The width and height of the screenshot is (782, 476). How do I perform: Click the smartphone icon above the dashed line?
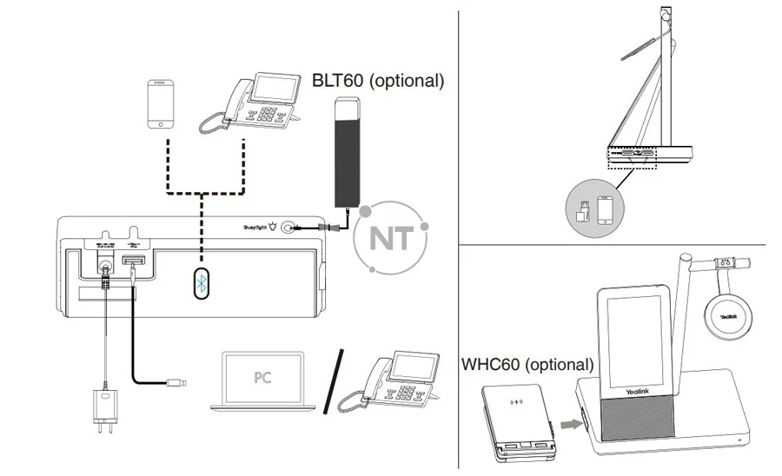pos(161,104)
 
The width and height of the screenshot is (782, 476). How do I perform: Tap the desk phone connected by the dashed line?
pos(240,105)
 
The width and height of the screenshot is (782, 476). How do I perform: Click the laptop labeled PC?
pos(263,381)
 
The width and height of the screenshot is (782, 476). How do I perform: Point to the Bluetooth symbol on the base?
pos(201,283)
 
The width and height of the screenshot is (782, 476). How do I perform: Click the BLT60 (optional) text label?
pos(378,81)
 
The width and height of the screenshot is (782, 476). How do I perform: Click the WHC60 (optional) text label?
pos(527,364)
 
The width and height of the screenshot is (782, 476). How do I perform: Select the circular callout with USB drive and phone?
pos(594,207)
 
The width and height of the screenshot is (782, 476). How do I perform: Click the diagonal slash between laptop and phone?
pos(335,380)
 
